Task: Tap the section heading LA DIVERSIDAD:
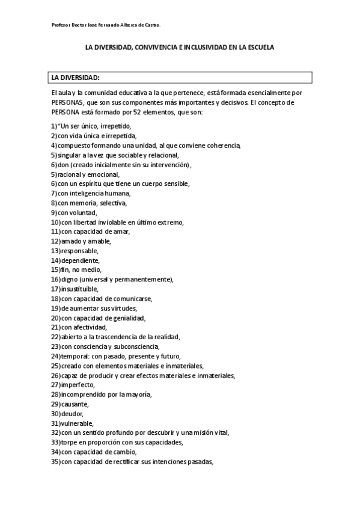pos(75,78)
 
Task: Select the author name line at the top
pos(106,25)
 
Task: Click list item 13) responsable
pos(75,250)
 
